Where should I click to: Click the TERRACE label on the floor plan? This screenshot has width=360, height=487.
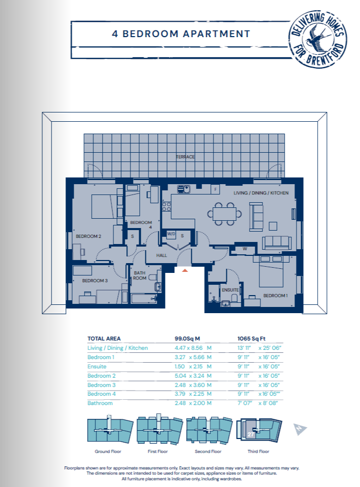[185, 157]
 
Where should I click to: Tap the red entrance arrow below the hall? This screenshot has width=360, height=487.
[185, 270]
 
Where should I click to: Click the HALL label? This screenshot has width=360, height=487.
[161, 255]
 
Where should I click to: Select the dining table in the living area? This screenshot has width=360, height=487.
[224, 214]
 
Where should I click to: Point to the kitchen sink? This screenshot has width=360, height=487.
[184, 189]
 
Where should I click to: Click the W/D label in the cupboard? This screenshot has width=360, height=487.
[171, 234]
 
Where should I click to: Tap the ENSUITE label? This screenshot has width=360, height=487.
[230, 290]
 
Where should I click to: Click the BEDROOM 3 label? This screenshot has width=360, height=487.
[95, 281]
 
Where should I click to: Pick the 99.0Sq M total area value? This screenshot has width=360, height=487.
[187, 338]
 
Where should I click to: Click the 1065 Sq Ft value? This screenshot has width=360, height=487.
[251, 338]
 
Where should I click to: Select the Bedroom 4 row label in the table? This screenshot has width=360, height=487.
[101, 394]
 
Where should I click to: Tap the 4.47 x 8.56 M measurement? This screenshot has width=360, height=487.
[193, 348]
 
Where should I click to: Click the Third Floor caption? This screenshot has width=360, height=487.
[258, 451]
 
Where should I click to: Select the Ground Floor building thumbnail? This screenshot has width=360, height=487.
[110, 430]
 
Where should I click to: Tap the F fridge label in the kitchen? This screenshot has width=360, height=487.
[215, 189]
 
